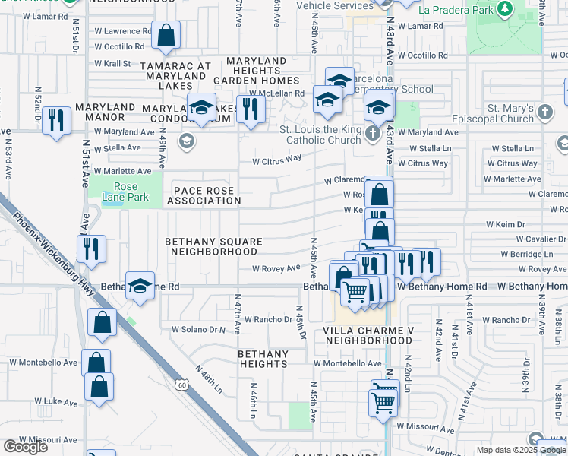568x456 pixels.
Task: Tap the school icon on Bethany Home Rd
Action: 140,287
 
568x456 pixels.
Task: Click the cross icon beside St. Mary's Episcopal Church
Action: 544,112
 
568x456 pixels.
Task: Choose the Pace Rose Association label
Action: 204,195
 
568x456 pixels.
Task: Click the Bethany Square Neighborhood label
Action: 214,246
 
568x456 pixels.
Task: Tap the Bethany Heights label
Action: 263,359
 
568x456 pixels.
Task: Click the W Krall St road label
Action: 113,64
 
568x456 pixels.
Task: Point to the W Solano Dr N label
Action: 198,330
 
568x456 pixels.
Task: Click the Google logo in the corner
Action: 26,447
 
